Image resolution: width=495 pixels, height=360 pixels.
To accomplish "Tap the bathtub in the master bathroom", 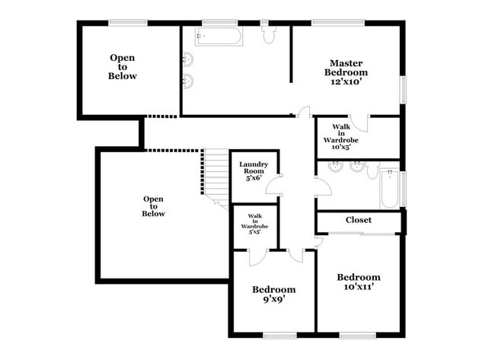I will tap(219, 36).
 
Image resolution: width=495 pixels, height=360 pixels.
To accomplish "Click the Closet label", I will tap(359, 220).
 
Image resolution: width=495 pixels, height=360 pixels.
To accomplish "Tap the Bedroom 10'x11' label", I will tap(359, 282).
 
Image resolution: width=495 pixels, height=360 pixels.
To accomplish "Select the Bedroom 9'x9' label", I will tap(274, 294).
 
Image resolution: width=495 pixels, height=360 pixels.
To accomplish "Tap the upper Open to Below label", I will tap(123, 67).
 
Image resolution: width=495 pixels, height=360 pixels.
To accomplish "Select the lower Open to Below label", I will tap(153, 206).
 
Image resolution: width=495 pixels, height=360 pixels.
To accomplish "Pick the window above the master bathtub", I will tap(219, 23).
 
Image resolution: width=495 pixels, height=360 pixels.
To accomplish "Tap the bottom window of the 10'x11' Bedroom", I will tap(356, 335).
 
